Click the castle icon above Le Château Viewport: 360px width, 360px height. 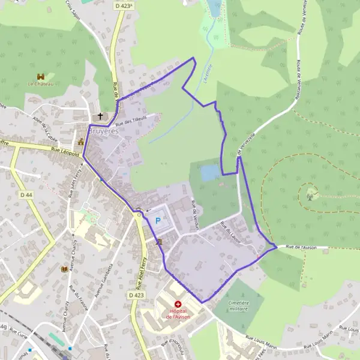point(41,77)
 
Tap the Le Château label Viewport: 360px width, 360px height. point(41,85)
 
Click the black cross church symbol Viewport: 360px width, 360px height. point(101,116)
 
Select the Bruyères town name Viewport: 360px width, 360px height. point(104,130)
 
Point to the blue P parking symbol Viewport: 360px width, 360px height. point(158,220)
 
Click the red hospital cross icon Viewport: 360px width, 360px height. point(178,305)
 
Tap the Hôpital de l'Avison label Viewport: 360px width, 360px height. point(178,313)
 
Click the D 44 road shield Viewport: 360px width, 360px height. point(26,195)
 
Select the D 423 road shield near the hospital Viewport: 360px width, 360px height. point(136,295)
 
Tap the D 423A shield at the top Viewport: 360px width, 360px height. point(124,5)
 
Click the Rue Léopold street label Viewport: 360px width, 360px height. point(65,154)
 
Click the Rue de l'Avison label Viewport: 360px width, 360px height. point(300,247)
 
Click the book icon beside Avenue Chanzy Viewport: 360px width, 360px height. point(64,269)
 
